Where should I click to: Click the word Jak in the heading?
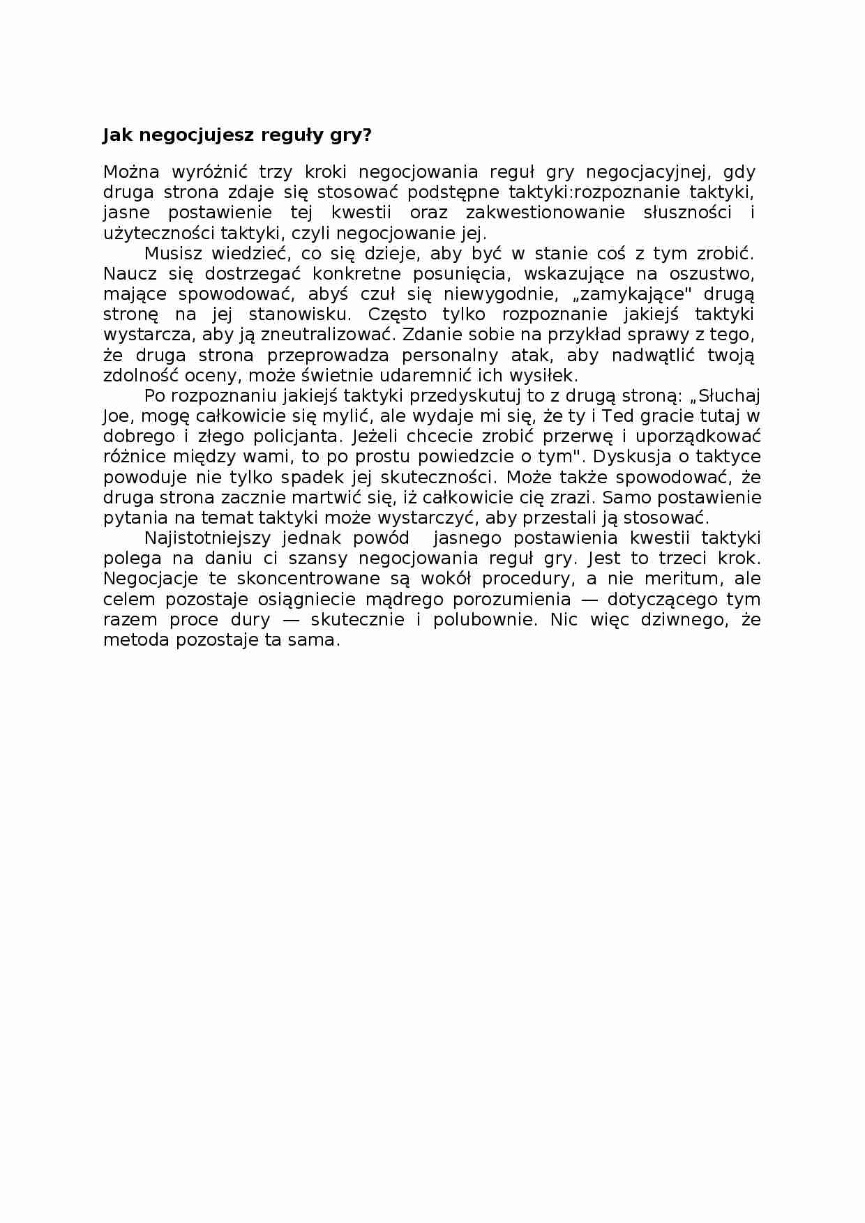point(118,135)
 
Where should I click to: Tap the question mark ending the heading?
point(367,135)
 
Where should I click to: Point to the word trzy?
point(275,172)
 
